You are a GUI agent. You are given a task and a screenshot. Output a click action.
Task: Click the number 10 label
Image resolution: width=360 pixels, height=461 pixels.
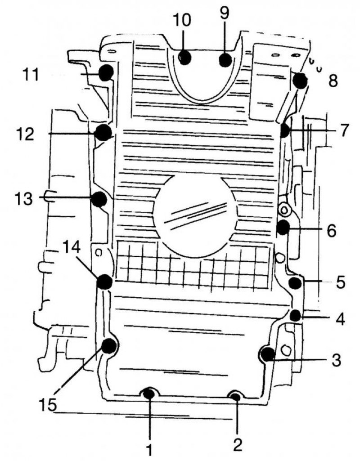[x=182, y=20]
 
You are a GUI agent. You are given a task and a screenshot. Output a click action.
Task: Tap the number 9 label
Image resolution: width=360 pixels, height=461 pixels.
[x=225, y=13]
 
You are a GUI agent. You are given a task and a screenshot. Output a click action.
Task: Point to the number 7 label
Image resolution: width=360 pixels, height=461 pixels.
[x=342, y=130]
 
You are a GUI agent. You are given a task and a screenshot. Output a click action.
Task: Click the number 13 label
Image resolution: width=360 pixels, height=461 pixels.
[x=24, y=198]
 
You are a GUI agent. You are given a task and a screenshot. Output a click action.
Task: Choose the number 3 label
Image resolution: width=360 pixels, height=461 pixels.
[x=336, y=359]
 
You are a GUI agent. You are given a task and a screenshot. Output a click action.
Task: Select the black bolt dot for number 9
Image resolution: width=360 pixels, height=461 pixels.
[x=226, y=60]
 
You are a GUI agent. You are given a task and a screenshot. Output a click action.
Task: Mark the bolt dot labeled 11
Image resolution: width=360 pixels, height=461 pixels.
[x=106, y=72]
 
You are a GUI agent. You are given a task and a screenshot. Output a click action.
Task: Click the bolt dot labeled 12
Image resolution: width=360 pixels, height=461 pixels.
[x=104, y=132]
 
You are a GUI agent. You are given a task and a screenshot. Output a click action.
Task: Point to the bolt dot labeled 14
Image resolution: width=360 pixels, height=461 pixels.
[x=105, y=282]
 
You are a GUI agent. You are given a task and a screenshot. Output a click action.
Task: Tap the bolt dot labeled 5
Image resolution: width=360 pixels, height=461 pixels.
[x=295, y=283]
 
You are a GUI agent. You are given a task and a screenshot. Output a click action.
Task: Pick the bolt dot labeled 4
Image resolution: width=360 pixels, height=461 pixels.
[x=295, y=315]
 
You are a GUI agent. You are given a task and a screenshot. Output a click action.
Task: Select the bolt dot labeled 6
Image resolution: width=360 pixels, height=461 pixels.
[x=283, y=227]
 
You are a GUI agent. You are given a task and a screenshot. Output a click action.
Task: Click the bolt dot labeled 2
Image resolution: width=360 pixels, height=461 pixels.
[x=235, y=397]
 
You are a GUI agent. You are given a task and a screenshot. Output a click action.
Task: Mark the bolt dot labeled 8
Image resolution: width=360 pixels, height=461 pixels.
[x=300, y=81]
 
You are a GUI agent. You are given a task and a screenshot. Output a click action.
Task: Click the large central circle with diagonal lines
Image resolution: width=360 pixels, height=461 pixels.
[x=195, y=217]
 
